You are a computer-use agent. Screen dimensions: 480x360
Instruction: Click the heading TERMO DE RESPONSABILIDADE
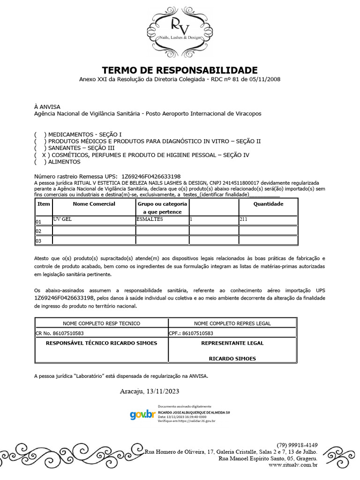(x=180, y=70)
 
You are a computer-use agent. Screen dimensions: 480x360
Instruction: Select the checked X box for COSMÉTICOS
(x=41, y=155)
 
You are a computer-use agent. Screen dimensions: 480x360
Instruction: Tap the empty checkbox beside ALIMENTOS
(x=41, y=162)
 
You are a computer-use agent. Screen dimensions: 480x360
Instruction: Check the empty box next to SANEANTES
(x=41, y=148)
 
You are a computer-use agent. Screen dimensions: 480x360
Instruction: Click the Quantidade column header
(x=268, y=204)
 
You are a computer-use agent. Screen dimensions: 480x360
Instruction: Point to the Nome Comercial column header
(x=94, y=204)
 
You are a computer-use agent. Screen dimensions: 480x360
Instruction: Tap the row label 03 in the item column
(x=39, y=241)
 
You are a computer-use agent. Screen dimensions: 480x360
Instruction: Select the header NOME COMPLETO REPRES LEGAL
(x=232, y=323)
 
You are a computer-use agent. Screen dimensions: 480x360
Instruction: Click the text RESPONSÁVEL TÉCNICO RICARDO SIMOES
(x=101, y=343)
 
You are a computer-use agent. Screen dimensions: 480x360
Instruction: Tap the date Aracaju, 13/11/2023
(x=150, y=391)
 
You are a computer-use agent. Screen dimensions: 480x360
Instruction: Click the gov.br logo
(x=142, y=414)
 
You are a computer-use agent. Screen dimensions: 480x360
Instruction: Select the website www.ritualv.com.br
(x=293, y=465)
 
